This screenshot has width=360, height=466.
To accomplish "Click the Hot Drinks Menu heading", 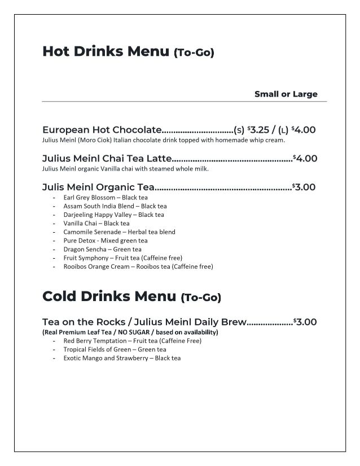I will (106, 52).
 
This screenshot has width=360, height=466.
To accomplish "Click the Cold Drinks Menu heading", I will (111, 296).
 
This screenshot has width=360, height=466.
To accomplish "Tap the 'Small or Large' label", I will (286, 94).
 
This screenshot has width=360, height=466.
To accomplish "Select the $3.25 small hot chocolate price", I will (260, 130).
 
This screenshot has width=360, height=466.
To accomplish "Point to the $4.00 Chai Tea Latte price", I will (305, 159).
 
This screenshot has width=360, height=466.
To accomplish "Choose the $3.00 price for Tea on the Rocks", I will (305, 322).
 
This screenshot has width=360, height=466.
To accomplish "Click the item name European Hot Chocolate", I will (102, 130).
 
